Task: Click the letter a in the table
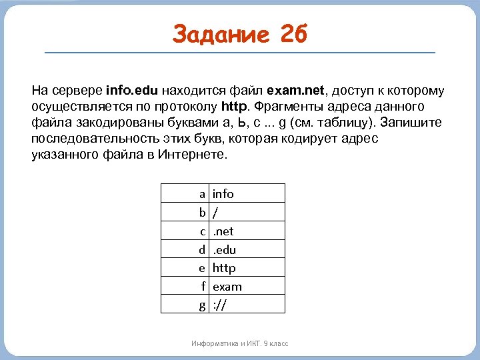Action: click(x=201, y=194)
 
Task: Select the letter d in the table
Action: click(x=201, y=250)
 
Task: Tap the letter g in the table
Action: click(x=201, y=305)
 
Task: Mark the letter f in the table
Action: click(x=203, y=287)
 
